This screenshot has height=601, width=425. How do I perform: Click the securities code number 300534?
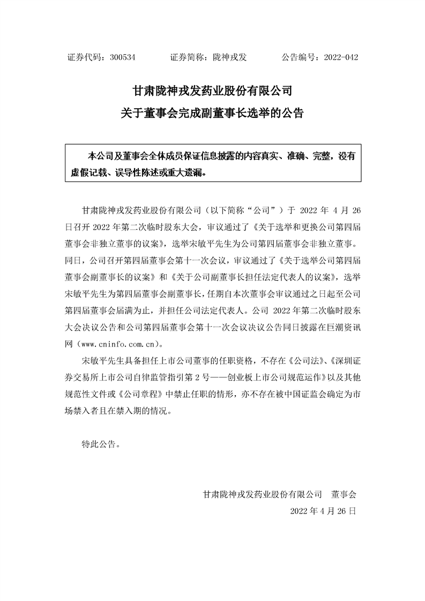(x=122, y=57)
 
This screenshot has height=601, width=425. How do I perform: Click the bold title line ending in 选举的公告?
(x=212, y=113)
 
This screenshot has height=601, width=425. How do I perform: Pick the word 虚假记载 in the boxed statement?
(x=88, y=173)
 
